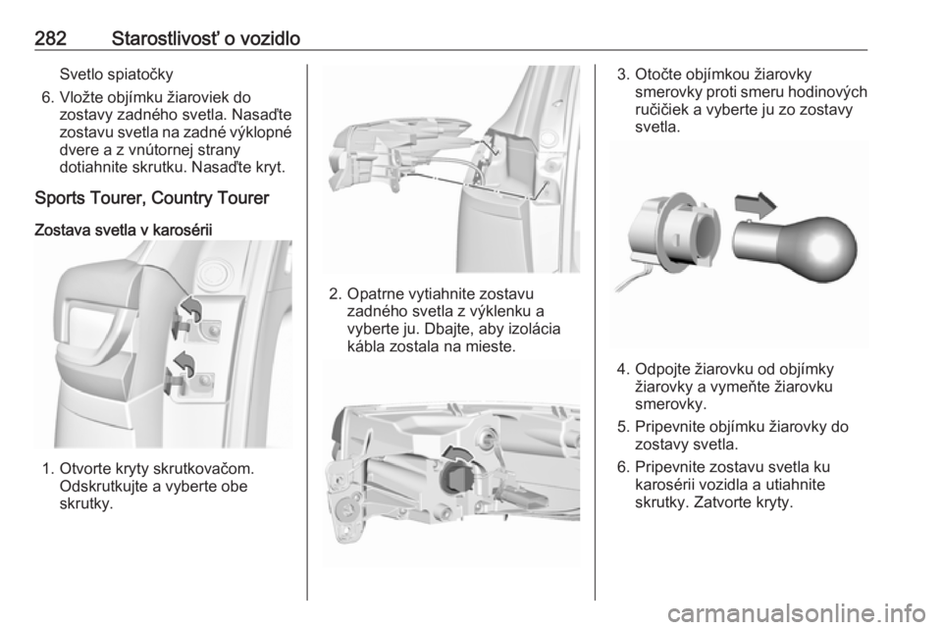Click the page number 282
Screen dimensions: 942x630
coord(50,39)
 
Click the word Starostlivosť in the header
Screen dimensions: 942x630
coord(166,39)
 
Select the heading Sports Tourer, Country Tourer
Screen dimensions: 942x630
coord(152,198)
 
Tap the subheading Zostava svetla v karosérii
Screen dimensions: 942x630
coord(124,230)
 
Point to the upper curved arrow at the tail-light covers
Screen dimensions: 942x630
coord(191,307)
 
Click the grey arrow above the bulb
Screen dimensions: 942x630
coord(756,205)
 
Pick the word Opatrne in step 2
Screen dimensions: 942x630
coord(376,294)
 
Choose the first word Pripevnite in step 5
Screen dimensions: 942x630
coord(670,427)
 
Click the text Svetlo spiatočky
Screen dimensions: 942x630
coord(117,75)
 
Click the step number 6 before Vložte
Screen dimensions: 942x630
coord(48,97)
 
